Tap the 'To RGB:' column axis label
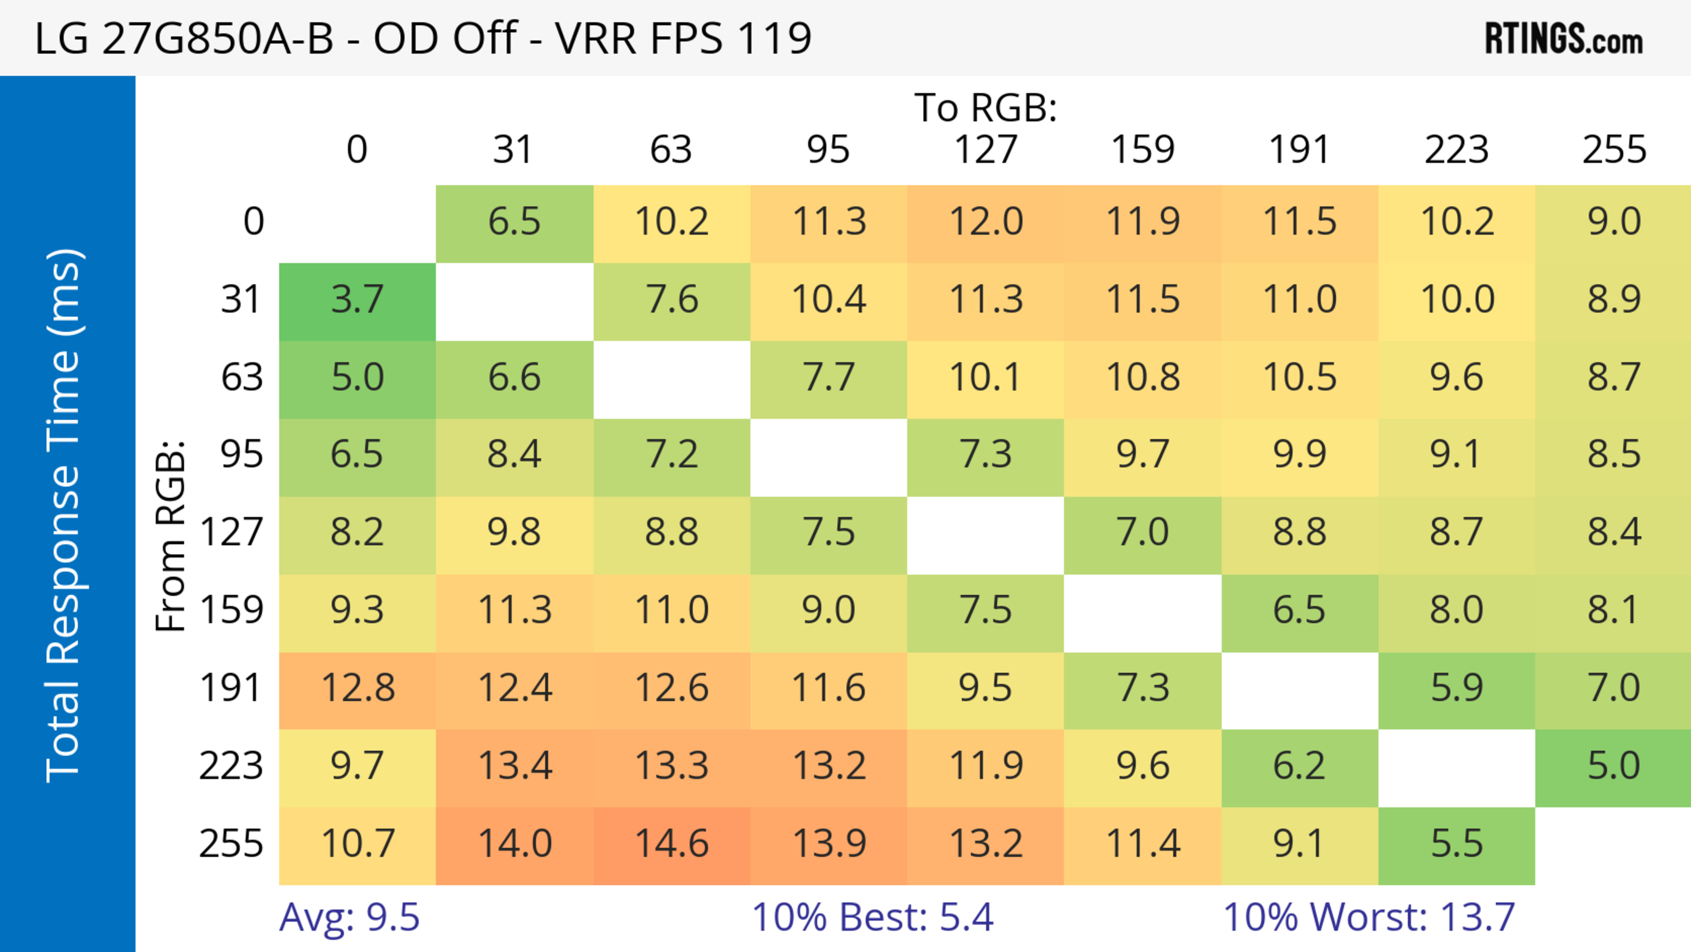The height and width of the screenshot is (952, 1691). click(986, 107)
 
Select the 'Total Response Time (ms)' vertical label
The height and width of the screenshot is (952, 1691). click(64, 515)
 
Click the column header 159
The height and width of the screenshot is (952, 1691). click(1142, 150)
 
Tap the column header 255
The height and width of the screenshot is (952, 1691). click(1613, 150)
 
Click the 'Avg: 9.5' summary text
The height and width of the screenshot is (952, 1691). click(349, 917)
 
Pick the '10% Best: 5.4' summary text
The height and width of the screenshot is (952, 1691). click(872, 917)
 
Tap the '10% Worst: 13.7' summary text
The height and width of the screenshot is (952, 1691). click(1369, 917)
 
